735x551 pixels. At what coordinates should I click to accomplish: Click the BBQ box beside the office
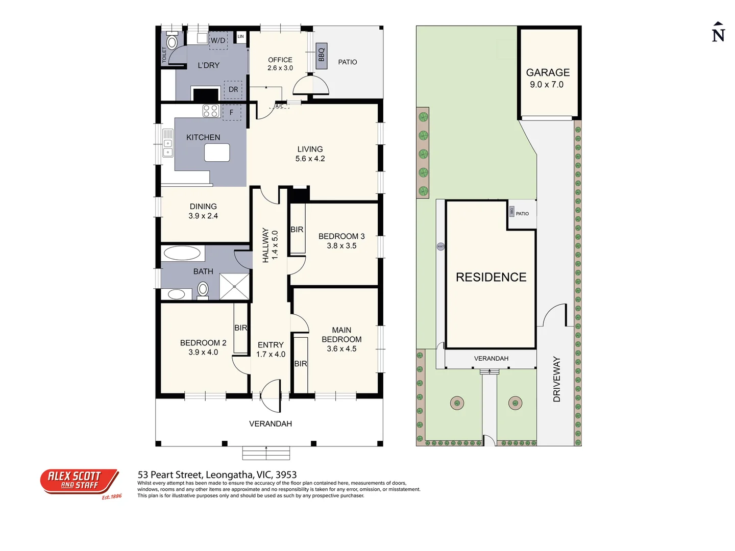point(321,53)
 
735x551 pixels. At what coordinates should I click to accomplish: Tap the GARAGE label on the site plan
point(548,73)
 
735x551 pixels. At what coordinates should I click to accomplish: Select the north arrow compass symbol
point(718,32)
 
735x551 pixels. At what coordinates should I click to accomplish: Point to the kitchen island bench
point(217,153)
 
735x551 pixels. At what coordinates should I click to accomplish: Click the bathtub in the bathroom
point(182,253)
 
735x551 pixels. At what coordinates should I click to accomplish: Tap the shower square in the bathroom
point(234,286)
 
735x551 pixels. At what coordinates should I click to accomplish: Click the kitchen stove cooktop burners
point(211,111)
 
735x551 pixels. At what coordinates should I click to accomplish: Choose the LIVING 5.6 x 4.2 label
point(310,154)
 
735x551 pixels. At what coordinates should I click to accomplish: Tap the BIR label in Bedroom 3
point(297,230)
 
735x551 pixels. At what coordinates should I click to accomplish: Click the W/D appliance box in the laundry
point(218,40)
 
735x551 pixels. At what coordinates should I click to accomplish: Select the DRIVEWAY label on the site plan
point(557,379)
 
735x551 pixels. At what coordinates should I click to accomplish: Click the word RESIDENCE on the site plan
point(491,277)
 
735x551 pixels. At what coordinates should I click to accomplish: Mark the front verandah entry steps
point(266,453)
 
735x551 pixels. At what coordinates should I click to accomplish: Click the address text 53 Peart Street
point(217,475)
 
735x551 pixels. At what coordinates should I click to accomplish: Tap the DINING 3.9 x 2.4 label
point(203,211)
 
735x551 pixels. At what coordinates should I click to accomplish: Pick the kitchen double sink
point(167,143)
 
